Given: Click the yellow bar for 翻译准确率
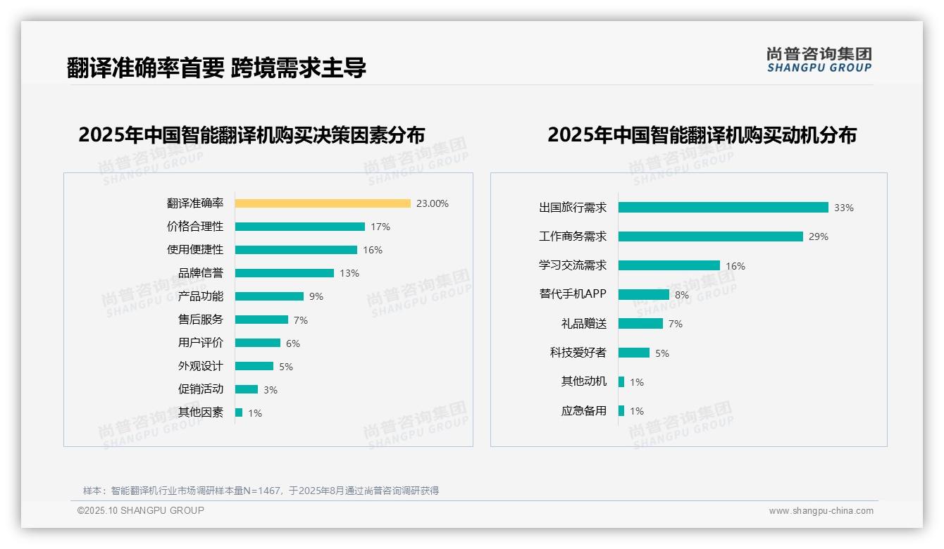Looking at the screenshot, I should (322, 203).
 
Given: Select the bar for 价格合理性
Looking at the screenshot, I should (299, 227).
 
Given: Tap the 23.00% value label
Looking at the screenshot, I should (432, 203).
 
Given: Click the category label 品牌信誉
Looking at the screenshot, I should (200, 273).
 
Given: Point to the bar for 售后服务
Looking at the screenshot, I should (261, 320).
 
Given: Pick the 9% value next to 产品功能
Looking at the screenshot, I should (316, 296).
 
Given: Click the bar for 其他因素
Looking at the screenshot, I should (239, 412).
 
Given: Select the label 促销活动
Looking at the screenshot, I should (200, 389).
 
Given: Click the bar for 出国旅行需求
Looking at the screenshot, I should (723, 208).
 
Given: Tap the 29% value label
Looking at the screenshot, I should (818, 236).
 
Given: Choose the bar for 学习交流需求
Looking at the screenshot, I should (669, 265).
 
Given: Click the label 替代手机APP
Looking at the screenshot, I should (572, 294).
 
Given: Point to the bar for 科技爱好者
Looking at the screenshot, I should (633, 353).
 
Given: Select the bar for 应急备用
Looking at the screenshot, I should (621, 410).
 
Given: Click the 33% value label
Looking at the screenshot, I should (843, 208).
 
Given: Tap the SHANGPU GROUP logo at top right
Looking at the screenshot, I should (819, 60).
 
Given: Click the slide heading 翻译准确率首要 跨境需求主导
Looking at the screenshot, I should (216, 68).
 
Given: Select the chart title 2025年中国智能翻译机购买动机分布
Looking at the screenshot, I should (702, 134).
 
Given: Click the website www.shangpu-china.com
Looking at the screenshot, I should (821, 511).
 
